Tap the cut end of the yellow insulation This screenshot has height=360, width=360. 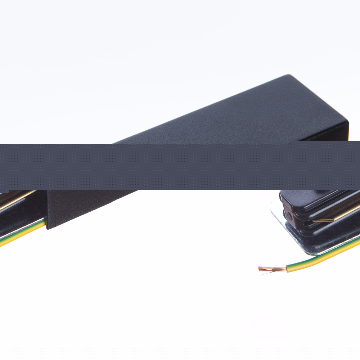pos(287,268)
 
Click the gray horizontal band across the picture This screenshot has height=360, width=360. pos(180,166)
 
